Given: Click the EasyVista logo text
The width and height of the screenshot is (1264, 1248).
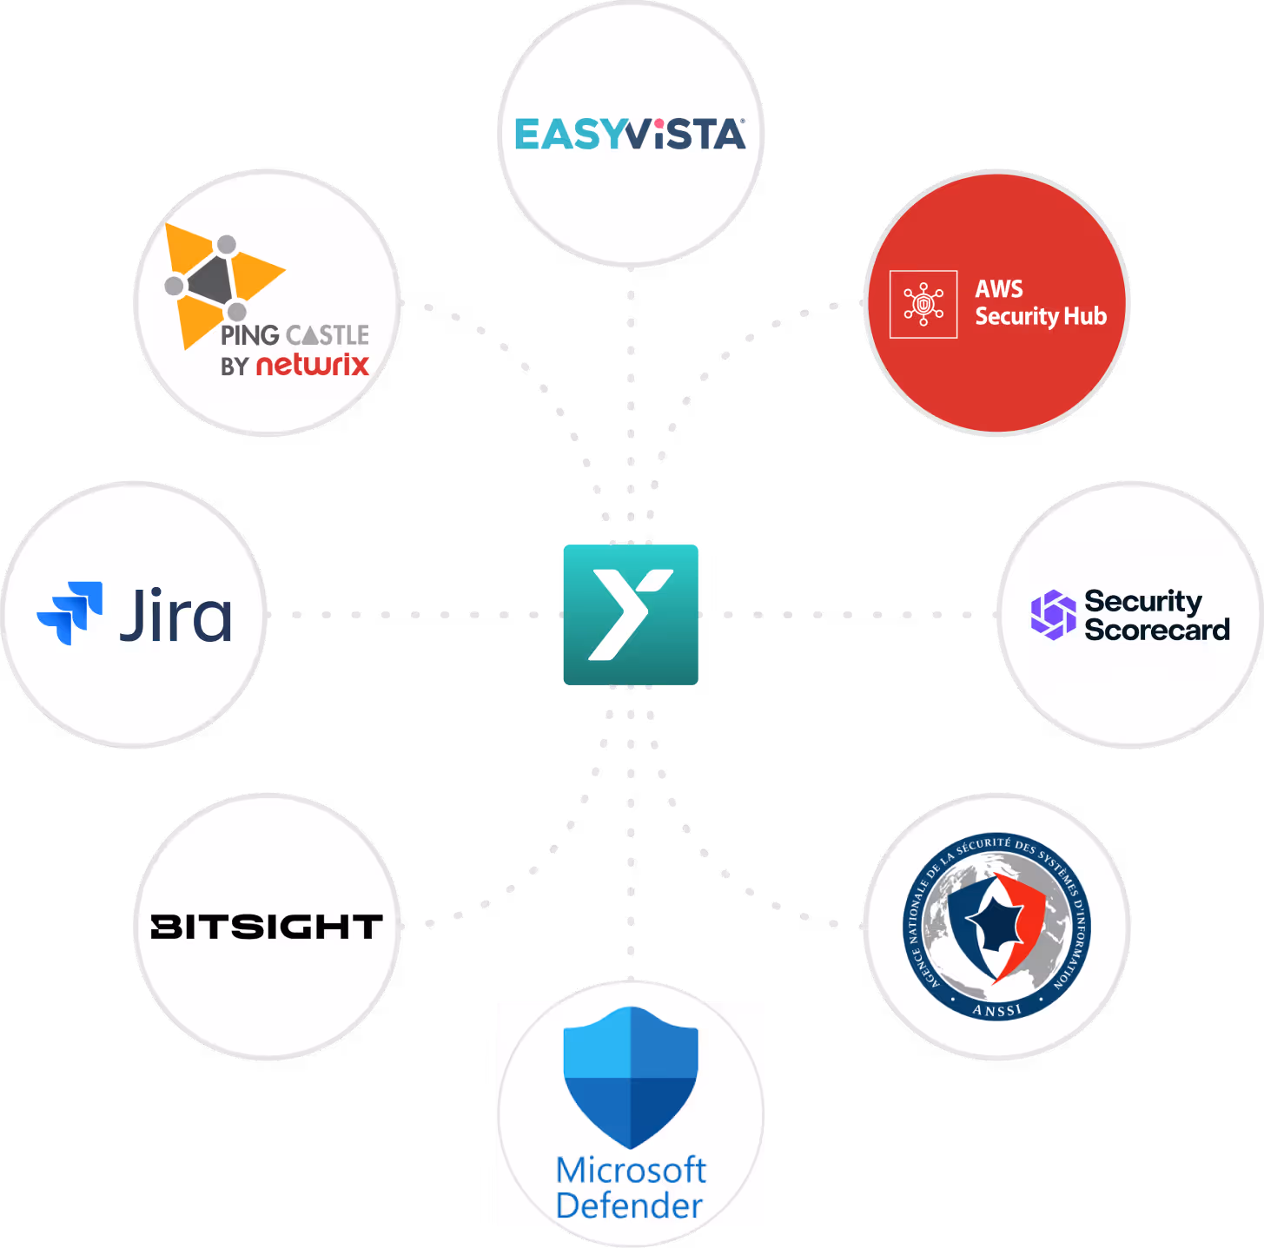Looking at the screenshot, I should (630, 135).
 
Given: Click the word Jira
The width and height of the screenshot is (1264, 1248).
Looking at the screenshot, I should (175, 615).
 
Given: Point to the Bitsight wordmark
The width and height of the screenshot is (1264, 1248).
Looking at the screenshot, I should (267, 927).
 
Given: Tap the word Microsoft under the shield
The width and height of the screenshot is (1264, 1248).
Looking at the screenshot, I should (631, 1171).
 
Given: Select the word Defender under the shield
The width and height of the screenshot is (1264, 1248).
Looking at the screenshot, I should (629, 1205).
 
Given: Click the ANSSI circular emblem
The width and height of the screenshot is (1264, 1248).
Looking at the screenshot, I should (996, 927).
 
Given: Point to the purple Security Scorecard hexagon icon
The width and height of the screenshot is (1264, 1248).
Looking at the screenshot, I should (1053, 615).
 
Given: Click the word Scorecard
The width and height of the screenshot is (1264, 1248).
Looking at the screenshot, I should (1157, 630).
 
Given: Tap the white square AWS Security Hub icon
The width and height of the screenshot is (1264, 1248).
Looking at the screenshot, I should (923, 304).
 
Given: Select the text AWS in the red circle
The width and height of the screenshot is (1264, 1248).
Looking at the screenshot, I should (999, 288).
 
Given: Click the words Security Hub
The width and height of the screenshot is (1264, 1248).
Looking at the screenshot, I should (1041, 316).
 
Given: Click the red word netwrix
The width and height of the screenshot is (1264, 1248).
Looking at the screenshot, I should (313, 365).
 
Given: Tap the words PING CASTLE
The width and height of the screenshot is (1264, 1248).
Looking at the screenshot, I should (294, 335).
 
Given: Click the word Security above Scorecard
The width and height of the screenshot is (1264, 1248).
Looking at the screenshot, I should (1143, 600).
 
